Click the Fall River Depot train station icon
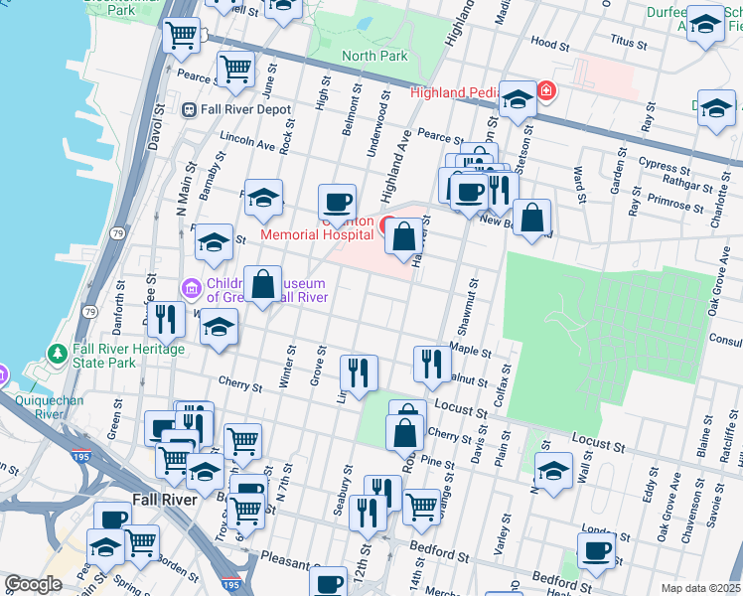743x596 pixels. click(189, 109)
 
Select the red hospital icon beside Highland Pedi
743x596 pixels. click(545, 92)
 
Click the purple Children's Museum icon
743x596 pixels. click(191, 288)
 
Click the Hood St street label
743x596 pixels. click(549, 44)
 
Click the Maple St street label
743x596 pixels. click(471, 351)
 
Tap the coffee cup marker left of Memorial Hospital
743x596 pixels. click(338, 202)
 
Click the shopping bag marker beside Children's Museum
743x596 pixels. click(262, 284)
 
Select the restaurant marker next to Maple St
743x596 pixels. click(431, 364)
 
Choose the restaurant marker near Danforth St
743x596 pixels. click(165, 319)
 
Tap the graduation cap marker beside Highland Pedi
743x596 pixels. click(517, 99)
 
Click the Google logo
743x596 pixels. click(33, 584)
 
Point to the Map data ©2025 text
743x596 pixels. click(701, 588)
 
